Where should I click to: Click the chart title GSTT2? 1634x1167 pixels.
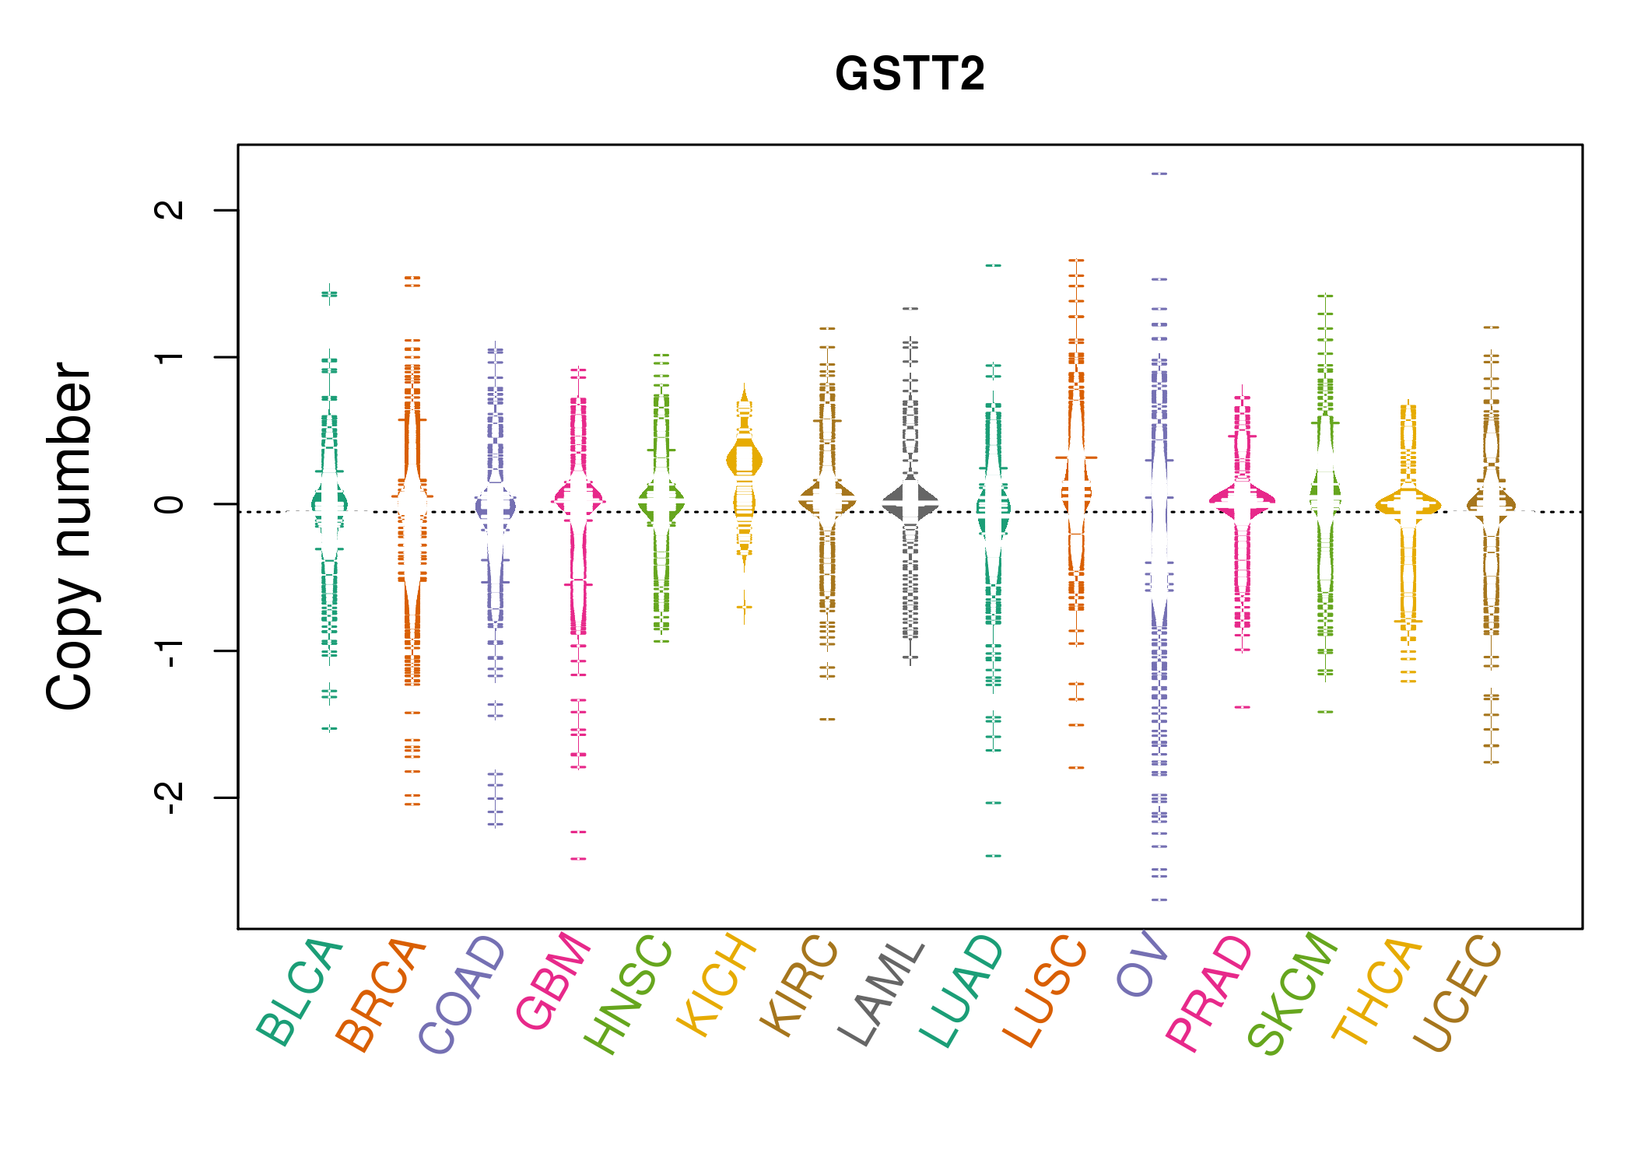pyautogui.click(x=910, y=75)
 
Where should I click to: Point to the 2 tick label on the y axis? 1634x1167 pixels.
pyautogui.click(x=170, y=210)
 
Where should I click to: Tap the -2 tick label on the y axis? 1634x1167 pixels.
pyautogui.click(x=170, y=797)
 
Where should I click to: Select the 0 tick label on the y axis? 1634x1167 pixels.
pyautogui.click(x=170, y=504)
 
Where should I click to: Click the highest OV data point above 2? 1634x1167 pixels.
pyautogui.click(x=1159, y=174)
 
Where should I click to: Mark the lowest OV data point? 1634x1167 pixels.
pyautogui.click(x=1159, y=900)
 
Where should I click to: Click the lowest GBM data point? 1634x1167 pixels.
pyautogui.click(x=578, y=859)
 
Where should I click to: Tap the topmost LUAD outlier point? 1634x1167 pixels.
pyautogui.click(x=994, y=266)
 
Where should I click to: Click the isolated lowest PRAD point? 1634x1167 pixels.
pyautogui.click(x=1243, y=707)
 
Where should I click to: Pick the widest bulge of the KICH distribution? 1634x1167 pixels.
pyautogui.click(x=745, y=461)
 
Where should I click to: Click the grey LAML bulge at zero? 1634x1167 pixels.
pyautogui.click(x=910, y=504)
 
